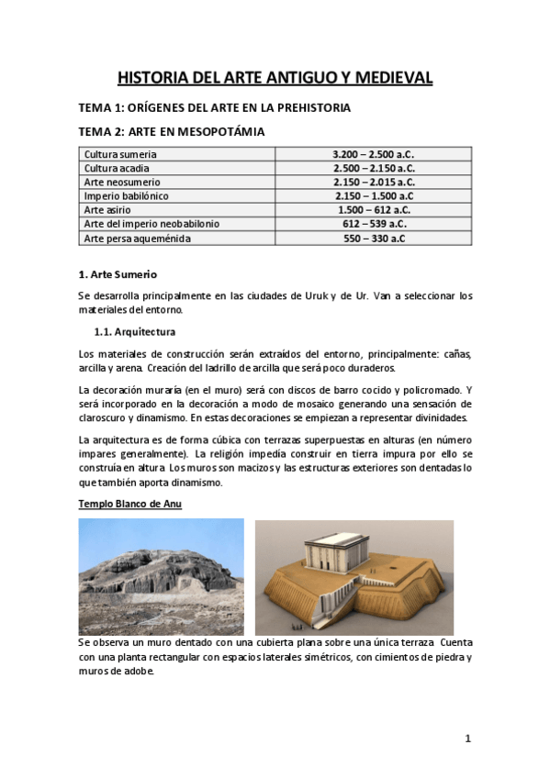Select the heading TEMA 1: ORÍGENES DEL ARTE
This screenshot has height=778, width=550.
[215, 107]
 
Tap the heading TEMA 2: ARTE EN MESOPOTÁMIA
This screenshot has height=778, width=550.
[174, 132]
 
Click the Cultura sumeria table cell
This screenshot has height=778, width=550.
[120, 154]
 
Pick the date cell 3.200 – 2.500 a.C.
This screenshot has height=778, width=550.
[374, 154]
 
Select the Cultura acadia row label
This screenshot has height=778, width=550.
[117, 168]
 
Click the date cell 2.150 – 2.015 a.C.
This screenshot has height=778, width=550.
[374, 182]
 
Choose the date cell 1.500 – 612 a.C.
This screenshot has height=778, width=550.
[374, 210]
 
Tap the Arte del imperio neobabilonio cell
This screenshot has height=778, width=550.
[152, 224]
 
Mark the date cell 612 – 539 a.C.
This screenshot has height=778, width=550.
[374, 224]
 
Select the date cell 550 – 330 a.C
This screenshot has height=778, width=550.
[374, 239]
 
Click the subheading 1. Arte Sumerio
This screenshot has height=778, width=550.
[118, 273]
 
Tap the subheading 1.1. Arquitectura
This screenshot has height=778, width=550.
[135, 331]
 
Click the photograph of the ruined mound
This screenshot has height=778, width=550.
[161, 577]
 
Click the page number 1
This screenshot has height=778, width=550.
[467, 739]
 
